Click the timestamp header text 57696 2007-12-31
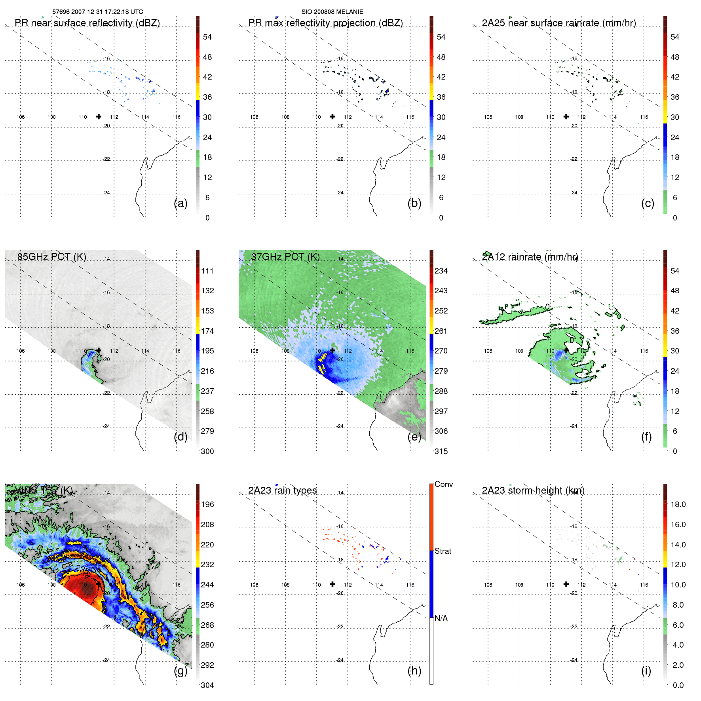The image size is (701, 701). (x=97, y=12)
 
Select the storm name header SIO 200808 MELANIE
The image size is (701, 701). (x=332, y=12)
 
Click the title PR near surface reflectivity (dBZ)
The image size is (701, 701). (x=87, y=23)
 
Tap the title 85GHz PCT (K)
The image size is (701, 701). (x=51, y=256)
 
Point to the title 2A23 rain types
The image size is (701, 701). (x=282, y=490)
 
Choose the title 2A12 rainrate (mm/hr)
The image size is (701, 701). (x=530, y=256)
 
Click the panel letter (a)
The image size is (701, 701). (x=180, y=203)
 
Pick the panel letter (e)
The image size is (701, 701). (x=414, y=437)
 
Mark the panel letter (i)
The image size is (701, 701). (x=646, y=671)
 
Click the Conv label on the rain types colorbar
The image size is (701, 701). (x=443, y=484)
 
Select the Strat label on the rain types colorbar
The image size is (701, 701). (x=443, y=551)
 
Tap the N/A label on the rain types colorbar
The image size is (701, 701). (x=441, y=618)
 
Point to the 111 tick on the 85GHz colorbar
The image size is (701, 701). (x=207, y=271)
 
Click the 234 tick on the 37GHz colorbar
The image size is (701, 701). (x=441, y=271)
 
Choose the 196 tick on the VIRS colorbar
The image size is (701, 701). (x=207, y=504)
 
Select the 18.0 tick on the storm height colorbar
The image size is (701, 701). (x=678, y=504)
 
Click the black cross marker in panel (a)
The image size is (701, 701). (x=99, y=116)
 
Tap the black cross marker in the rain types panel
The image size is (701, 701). (x=332, y=584)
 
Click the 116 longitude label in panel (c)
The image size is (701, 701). (x=644, y=117)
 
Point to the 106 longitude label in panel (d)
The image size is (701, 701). (x=21, y=351)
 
